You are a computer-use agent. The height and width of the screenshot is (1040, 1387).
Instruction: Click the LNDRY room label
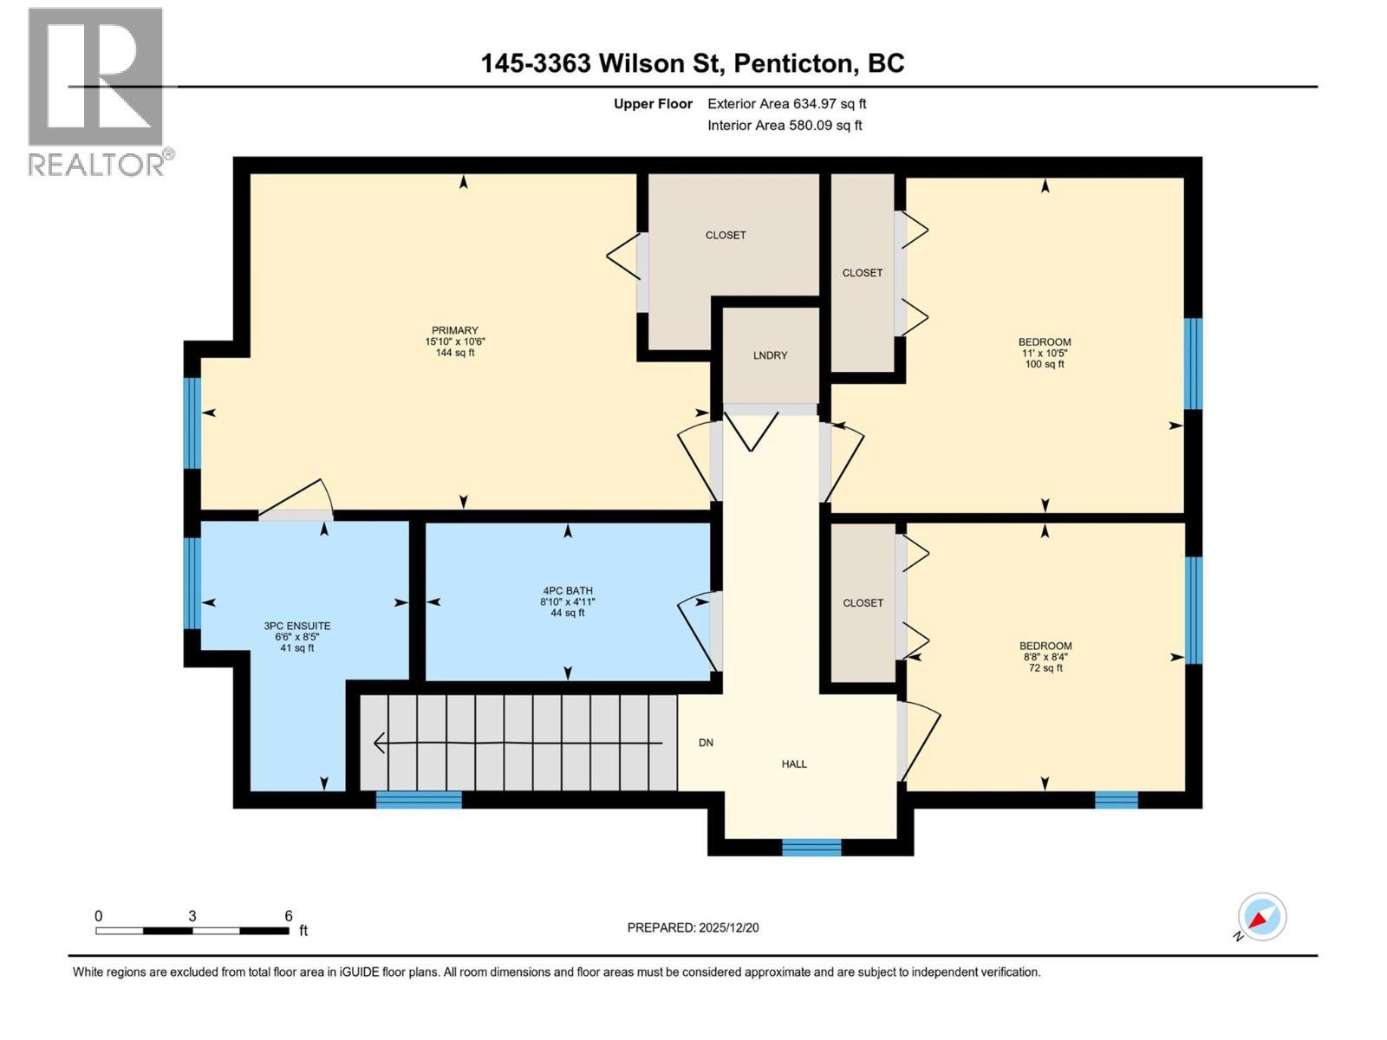click(770, 355)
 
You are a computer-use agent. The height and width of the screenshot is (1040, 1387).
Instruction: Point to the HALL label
click(794, 764)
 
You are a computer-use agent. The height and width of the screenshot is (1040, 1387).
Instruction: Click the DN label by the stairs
click(706, 743)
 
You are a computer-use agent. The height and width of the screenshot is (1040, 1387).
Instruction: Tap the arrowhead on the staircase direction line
click(379, 743)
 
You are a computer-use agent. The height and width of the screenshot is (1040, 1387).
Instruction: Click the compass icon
click(1261, 917)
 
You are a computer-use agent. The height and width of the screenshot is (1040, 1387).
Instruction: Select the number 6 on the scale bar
click(289, 916)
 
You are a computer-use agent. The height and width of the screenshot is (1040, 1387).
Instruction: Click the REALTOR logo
click(96, 91)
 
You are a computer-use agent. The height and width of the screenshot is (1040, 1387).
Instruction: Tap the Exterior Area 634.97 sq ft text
click(786, 104)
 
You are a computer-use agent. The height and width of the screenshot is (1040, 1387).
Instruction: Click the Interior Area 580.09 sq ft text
click(785, 125)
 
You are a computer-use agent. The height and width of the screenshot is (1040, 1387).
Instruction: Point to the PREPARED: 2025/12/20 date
click(693, 927)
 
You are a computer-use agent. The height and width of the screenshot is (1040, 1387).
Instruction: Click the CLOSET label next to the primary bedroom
click(726, 235)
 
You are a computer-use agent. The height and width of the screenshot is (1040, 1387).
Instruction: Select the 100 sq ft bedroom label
click(1045, 353)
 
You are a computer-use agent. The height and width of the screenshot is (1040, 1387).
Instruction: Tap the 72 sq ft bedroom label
click(1045, 656)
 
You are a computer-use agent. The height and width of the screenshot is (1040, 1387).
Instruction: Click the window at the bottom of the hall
click(811, 847)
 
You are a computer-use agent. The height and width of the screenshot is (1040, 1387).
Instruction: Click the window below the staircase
click(419, 799)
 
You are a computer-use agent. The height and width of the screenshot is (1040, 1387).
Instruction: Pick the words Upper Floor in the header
click(653, 104)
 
